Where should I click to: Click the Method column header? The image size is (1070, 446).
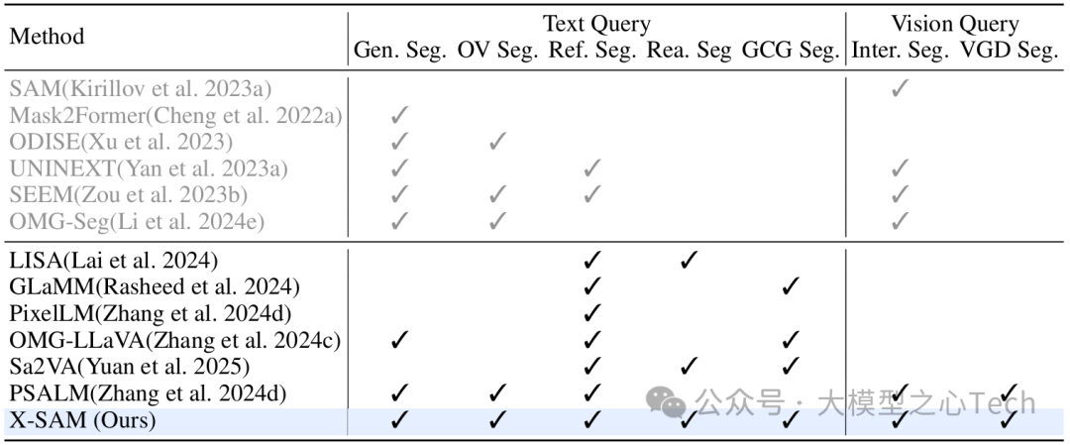pos(47,37)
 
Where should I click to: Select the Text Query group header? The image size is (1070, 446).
pos(595,24)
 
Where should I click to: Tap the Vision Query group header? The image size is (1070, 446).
pos(954,24)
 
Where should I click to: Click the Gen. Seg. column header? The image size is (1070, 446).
pos(399,51)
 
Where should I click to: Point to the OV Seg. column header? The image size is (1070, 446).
pos(498,51)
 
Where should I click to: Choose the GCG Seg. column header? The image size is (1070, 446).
pos(789,51)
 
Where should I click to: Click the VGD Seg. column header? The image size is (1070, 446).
pos(1009,51)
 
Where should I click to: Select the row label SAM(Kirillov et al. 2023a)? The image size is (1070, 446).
pos(141,89)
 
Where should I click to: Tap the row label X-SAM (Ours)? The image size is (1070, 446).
pos(83,421)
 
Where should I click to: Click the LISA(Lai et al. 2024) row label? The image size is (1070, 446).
pos(113,261)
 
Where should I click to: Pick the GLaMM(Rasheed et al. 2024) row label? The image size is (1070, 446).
pos(154,287)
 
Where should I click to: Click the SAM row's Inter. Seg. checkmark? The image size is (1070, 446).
pos(900,89)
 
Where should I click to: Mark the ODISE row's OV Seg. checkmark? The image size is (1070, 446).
pos(498,142)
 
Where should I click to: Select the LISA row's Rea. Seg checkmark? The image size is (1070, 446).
pos(690,261)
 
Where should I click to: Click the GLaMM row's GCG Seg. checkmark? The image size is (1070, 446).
pos(790,287)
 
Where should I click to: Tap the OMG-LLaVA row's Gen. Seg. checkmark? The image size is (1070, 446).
pos(399,341)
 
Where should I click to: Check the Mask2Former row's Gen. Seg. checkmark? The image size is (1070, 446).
pos(399,116)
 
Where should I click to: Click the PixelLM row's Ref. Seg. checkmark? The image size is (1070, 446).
pos(592,314)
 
